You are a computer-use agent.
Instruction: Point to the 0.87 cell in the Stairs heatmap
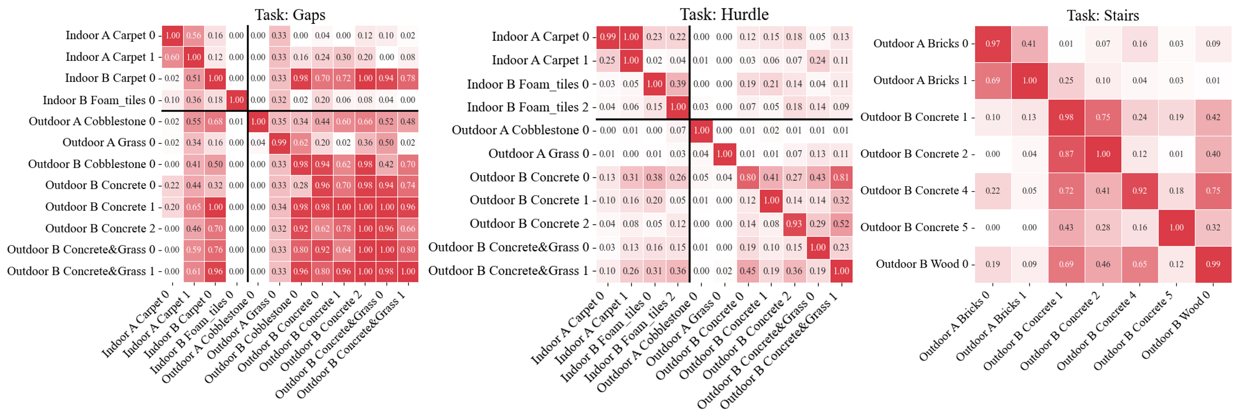click(1066, 154)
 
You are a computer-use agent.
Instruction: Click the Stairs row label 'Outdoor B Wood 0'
click(922, 264)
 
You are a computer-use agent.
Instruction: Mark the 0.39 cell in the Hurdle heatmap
click(678, 84)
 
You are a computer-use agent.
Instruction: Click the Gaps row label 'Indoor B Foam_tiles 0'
click(98, 100)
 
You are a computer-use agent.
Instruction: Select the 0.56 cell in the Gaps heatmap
click(194, 36)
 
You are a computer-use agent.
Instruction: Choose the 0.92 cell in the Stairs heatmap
click(1140, 190)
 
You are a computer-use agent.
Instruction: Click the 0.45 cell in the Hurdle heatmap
click(747, 271)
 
